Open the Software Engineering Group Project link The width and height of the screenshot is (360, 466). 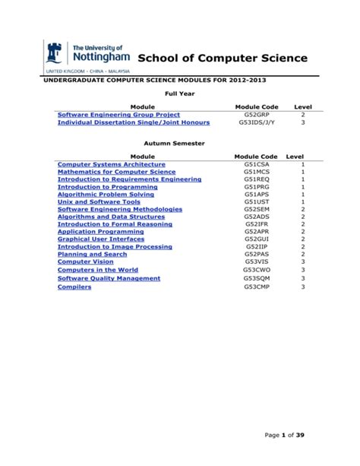(118, 114)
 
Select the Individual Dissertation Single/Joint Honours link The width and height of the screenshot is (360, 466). (133, 122)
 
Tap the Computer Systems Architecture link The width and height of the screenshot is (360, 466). (111, 164)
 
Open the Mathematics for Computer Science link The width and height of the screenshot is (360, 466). (116, 172)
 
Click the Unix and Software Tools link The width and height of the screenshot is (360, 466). (99, 202)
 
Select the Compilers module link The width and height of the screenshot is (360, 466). (74, 287)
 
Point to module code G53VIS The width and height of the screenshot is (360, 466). (256, 262)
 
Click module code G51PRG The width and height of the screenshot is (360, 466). (256, 187)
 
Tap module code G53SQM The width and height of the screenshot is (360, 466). (256, 278)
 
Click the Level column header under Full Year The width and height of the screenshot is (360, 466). (303, 106)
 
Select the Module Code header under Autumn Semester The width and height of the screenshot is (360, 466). (256, 156)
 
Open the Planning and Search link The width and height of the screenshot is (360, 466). (92, 254)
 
